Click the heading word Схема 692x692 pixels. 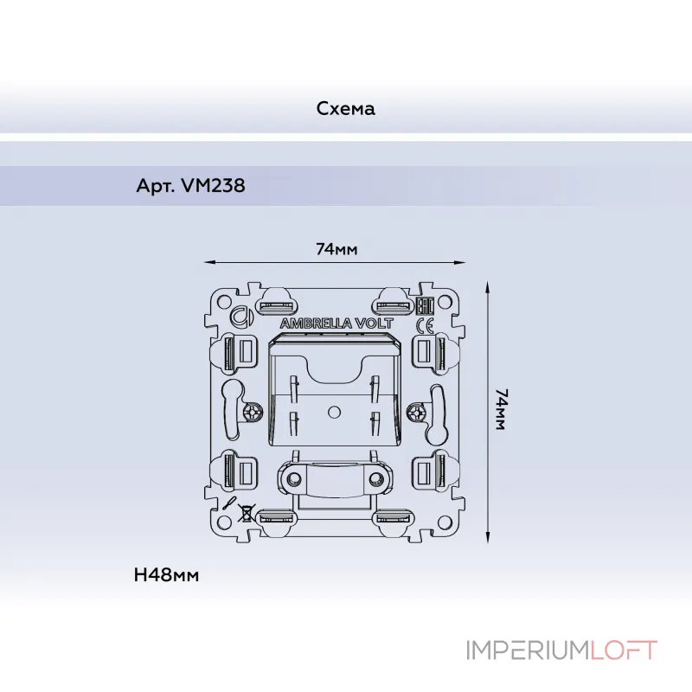point(345,109)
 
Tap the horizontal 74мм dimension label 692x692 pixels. point(336,249)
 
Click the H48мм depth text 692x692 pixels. point(167,574)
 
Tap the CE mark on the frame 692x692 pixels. point(426,326)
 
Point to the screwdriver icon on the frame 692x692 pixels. point(229,502)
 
